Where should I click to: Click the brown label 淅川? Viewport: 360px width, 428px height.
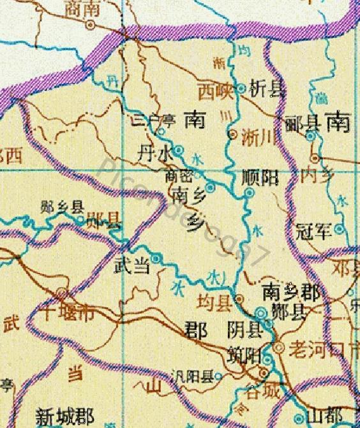click(x=257, y=136)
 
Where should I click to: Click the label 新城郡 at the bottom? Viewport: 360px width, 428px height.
click(x=64, y=418)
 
